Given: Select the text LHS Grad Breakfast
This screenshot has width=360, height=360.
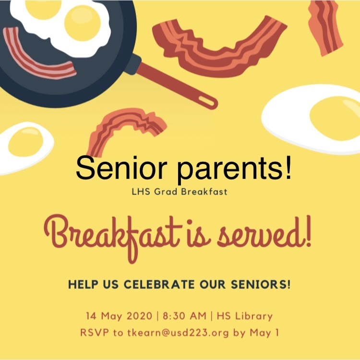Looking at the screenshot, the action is click(x=180, y=192).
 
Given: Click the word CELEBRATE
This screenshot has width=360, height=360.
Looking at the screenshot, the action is click(x=159, y=285).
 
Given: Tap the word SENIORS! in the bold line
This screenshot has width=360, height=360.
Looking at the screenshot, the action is click(x=261, y=285).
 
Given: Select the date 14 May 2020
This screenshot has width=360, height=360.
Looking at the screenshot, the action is click(x=119, y=316).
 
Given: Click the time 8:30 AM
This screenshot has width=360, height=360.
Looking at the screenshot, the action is click(x=185, y=316).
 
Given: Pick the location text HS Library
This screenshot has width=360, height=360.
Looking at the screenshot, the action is click(x=244, y=316).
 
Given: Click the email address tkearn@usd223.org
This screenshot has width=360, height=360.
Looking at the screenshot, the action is click(x=178, y=333).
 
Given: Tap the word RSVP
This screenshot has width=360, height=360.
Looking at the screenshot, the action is click(x=95, y=333).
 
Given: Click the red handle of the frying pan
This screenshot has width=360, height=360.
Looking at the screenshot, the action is click(x=177, y=85).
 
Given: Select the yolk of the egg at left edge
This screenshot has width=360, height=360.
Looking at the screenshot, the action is click(x=26, y=142).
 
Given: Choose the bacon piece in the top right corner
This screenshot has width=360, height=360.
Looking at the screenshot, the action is click(x=325, y=27).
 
